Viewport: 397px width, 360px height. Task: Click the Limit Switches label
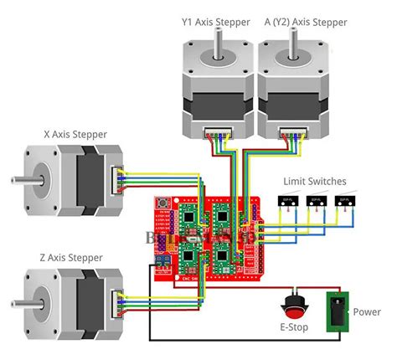point(315,181)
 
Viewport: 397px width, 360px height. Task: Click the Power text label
point(365,311)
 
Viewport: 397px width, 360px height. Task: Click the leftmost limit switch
point(286,201)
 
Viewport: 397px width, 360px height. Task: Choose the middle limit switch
point(315,201)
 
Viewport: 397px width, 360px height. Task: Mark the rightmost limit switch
point(343,201)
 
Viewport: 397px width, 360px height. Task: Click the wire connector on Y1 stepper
point(219,132)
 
